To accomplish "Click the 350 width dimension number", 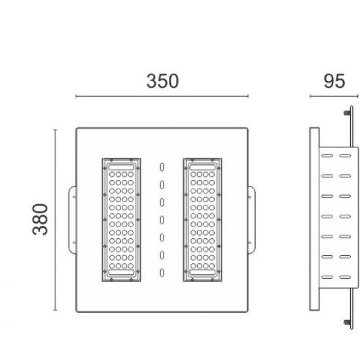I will click(x=162, y=81).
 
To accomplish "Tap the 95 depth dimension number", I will click(x=334, y=81).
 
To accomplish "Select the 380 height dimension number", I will click(x=41, y=219).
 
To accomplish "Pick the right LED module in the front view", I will click(x=203, y=220).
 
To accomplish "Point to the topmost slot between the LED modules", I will click(x=162, y=168).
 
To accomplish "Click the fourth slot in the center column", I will click(x=162, y=219).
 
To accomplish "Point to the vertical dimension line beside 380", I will click(x=55, y=219).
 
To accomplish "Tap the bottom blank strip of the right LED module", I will click(x=203, y=274).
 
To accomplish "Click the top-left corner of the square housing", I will click(x=77, y=128).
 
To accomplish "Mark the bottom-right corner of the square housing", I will click(x=247, y=311).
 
